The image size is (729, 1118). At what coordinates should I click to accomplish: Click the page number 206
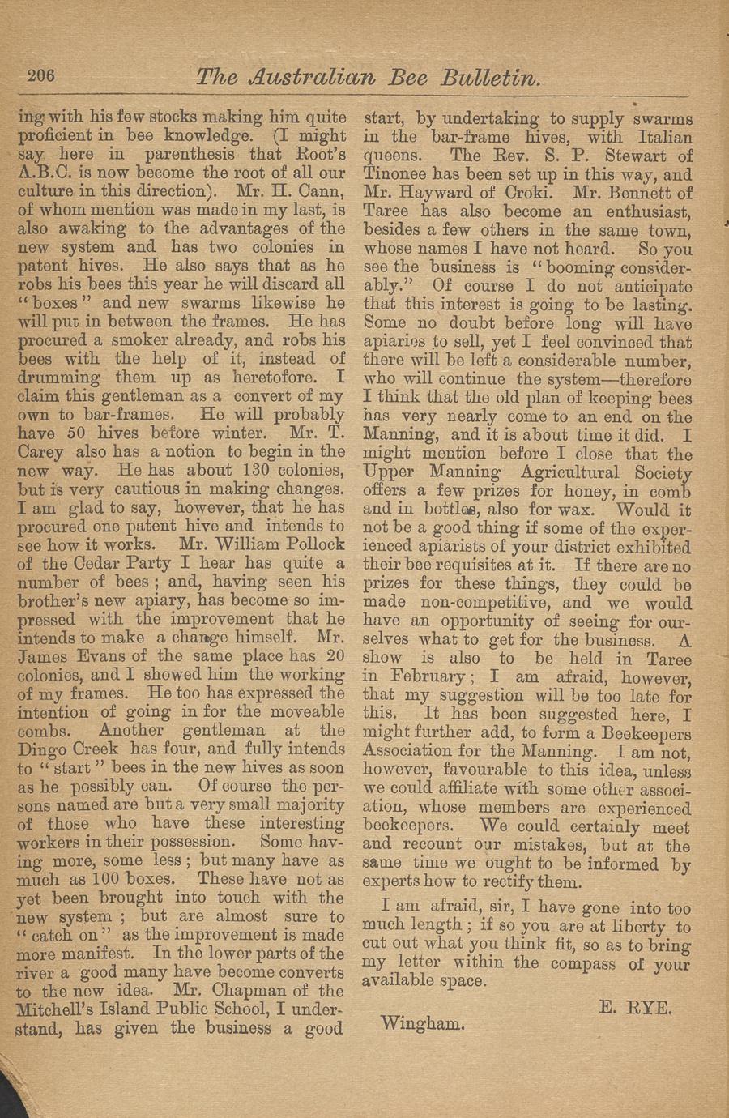(40, 75)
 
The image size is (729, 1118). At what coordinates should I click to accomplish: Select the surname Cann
(322, 192)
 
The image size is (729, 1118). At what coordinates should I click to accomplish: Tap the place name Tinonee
(397, 174)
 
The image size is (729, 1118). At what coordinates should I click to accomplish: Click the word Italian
(658, 137)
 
